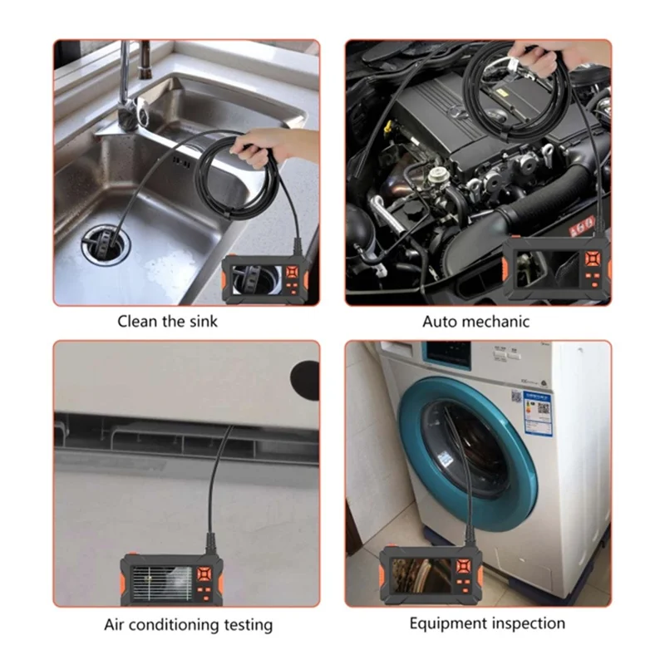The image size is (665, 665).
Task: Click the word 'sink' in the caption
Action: tap(200, 321)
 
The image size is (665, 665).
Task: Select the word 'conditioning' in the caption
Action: tap(171, 624)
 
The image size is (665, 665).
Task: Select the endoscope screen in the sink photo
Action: tap(255, 278)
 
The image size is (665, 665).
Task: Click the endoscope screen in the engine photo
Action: tap(544, 271)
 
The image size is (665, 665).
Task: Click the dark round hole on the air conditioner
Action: tap(306, 378)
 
